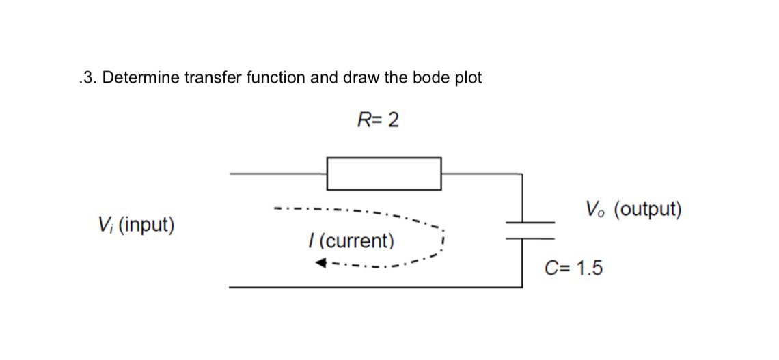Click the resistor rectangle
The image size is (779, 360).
[x=383, y=174]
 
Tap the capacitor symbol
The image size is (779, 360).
[x=530, y=230]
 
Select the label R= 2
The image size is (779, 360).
[x=378, y=121]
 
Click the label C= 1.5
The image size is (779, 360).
[x=573, y=268]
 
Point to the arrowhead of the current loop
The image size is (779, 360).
[x=321, y=263]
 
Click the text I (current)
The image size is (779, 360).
[x=351, y=241]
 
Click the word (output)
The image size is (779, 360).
[x=647, y=210]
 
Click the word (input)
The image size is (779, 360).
[x=146, y=225]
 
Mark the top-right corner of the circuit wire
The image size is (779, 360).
[x=522, y=174]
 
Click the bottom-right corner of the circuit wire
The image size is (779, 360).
[x=522, y=287]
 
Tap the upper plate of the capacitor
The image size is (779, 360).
[x=530, y=223]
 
